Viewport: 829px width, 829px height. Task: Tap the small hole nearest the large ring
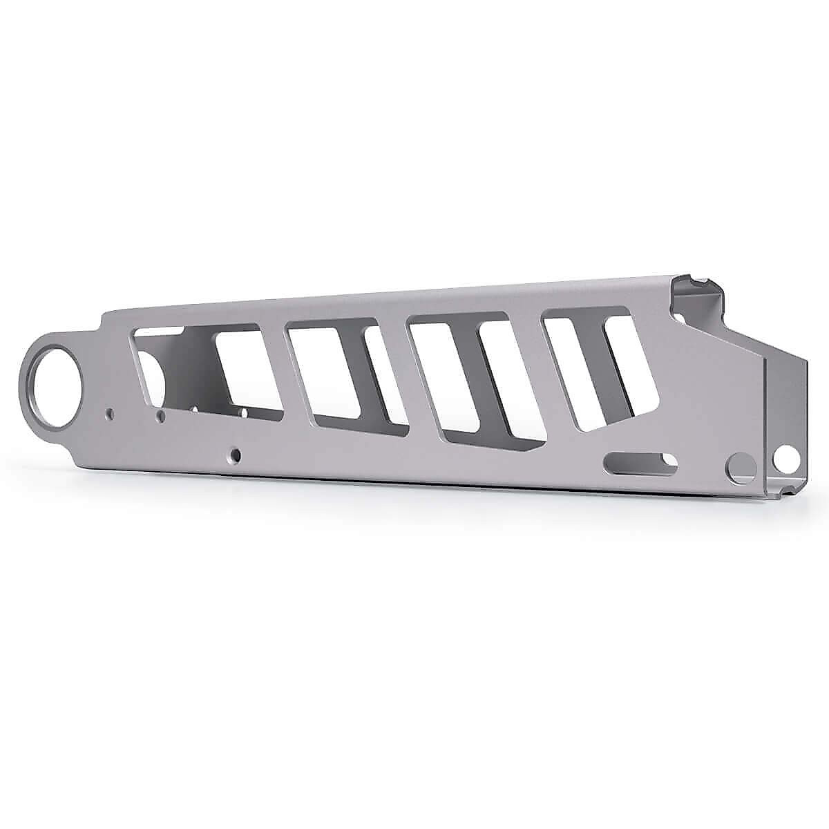[x=108, y=414]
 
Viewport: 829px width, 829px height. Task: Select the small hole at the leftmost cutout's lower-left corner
[x=160, y=416]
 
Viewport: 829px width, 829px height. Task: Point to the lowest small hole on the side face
[x=236, y=456]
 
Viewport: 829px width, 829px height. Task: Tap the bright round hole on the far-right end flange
[x=785, y=457]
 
